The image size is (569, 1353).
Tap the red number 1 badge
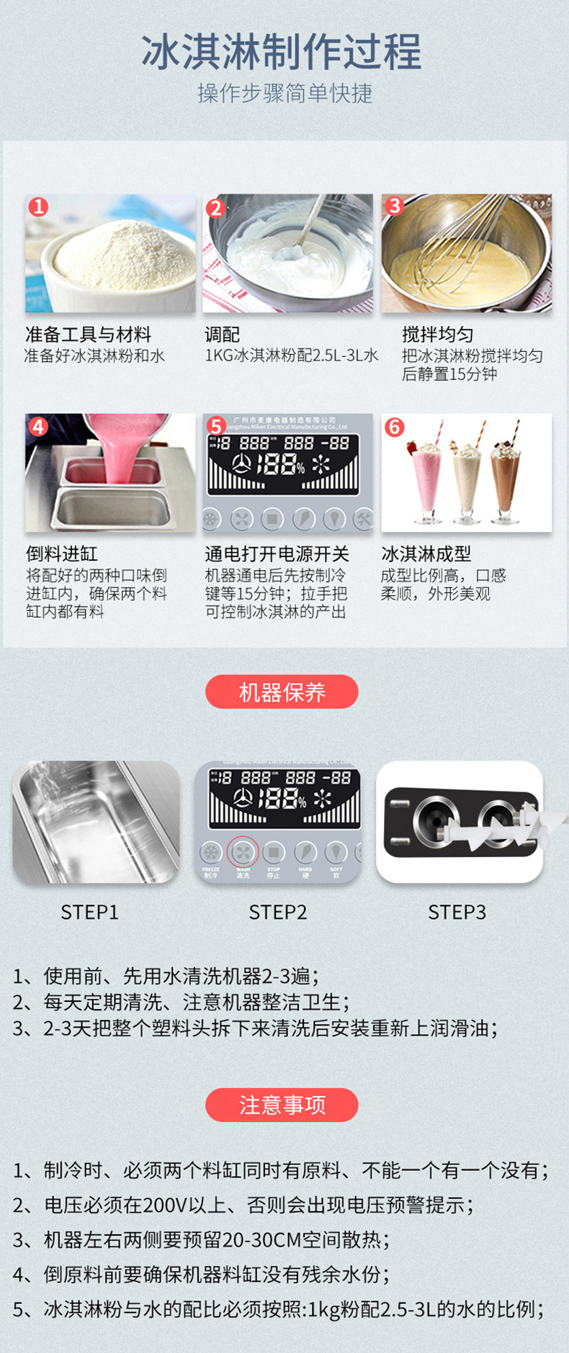coord(39,207)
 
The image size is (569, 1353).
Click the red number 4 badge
coord(39,427)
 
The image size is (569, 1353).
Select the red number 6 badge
coord(394,427)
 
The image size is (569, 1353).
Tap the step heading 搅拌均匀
coord(437,335)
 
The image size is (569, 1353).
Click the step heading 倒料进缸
coord(62,553)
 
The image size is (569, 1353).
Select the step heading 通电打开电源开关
coord(277,553)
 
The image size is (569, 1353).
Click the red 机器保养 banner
coord(282,692)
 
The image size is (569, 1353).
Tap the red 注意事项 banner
coord(282,1105)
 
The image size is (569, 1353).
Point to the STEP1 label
coord(89,913)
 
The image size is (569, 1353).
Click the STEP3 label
coord(457,913)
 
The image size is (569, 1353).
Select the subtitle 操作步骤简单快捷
coord(284,93)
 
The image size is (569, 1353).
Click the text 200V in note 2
coord(166,1205)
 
